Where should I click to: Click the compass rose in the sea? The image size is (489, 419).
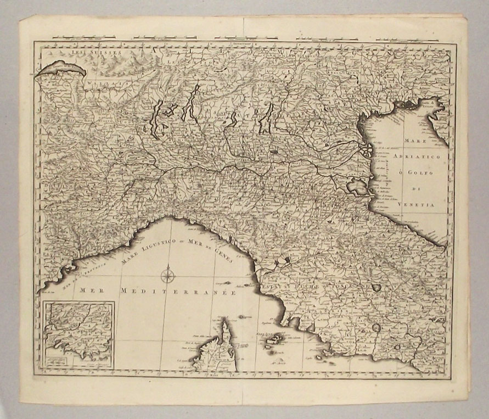[x=167, y=273]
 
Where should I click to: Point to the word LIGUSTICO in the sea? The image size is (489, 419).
[x=147, y=248]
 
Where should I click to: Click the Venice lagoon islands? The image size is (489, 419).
[x=367, y=149]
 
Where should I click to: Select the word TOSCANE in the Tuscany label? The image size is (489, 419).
[x=345, y=286]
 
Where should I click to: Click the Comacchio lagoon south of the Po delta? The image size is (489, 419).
[x=357, y=187]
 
